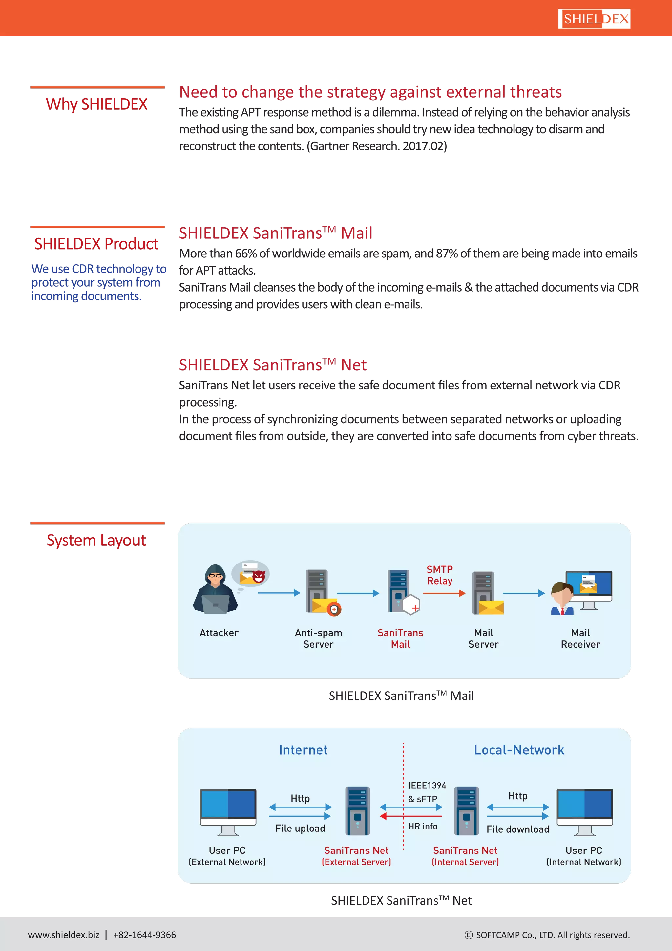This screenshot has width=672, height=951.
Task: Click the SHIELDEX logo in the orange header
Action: [x=594, y=19]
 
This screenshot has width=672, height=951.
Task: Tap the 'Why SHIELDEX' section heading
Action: [x=96, y=104]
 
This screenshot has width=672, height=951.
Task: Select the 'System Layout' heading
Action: [x=96, y=540]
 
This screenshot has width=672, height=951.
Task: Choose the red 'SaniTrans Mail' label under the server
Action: [x=400, y=638]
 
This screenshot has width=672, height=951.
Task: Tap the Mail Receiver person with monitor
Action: [x=581, y=592]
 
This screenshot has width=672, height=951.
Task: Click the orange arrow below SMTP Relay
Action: [x=444, y=593]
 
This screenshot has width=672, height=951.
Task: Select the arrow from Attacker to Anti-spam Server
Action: [x=279, y=593]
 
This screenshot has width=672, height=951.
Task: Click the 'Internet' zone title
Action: [x=303, y=750]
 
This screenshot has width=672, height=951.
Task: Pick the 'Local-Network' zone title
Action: [x=519, y=750]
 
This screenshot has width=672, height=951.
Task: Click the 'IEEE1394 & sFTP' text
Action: [x=427, y=792]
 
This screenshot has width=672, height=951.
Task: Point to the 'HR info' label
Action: [x=423, y=826]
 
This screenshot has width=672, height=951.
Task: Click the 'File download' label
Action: [x=518, y=829]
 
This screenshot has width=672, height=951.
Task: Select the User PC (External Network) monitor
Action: [x=228, y=812]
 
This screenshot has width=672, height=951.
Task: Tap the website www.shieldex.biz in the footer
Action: [x=64, y=935]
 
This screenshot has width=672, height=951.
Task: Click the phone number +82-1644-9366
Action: [x=144, y=935]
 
